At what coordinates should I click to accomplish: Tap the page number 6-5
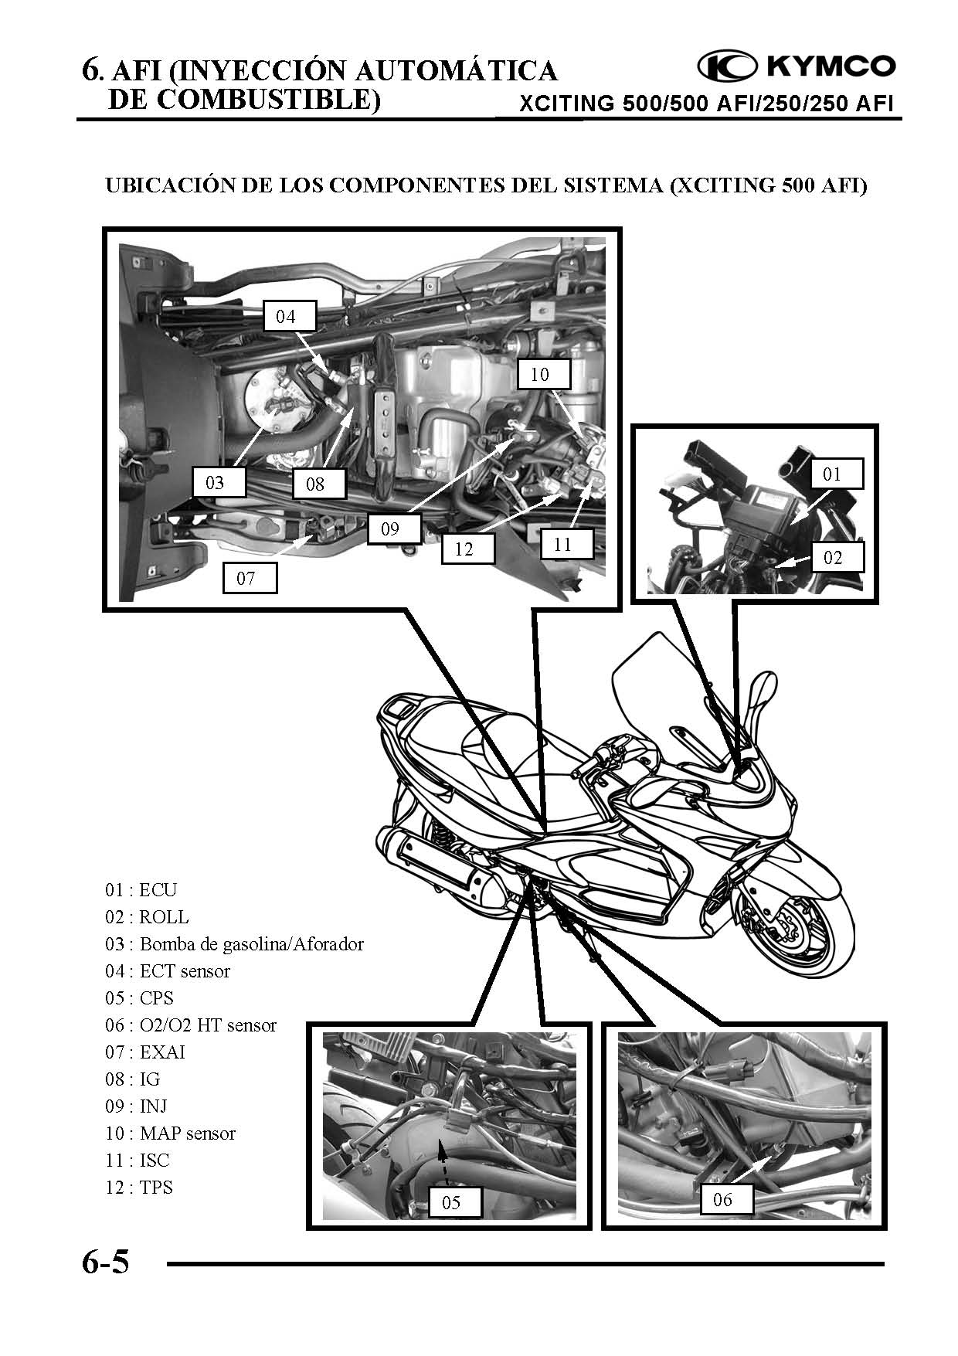(x=106, y=1263)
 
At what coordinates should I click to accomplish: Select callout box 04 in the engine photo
(x=286, y=316)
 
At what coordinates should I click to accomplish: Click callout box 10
(x=539, y=375)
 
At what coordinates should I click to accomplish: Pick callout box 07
(x=246, y=577)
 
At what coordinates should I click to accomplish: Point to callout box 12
(x=464, y=549)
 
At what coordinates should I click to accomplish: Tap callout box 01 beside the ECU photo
(x=831, y=473)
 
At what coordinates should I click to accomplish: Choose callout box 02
(x=832, y=557)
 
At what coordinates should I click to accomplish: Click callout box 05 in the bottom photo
(x=451, y=1201)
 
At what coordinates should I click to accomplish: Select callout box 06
(x=722, y=1200)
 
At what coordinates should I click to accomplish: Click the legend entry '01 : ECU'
(x=141, y=889)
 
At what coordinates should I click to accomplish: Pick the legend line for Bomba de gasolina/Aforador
(x=234, y=943)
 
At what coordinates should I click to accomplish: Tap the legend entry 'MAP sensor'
(x=170, y=1133)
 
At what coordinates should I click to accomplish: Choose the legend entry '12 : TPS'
(x=139, y=1187)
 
